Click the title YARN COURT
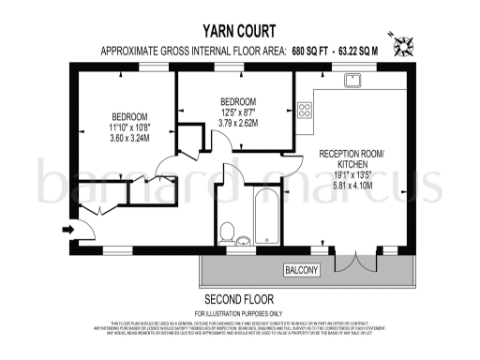(x=239, y=29)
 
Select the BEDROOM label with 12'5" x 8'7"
(x=238, y=100)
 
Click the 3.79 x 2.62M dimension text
(x=238, y=120)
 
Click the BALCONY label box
(x=302, y=271)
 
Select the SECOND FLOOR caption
(x=239, y=299)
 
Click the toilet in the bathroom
(x=227, y=231)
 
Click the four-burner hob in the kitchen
(x=305, y=111)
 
